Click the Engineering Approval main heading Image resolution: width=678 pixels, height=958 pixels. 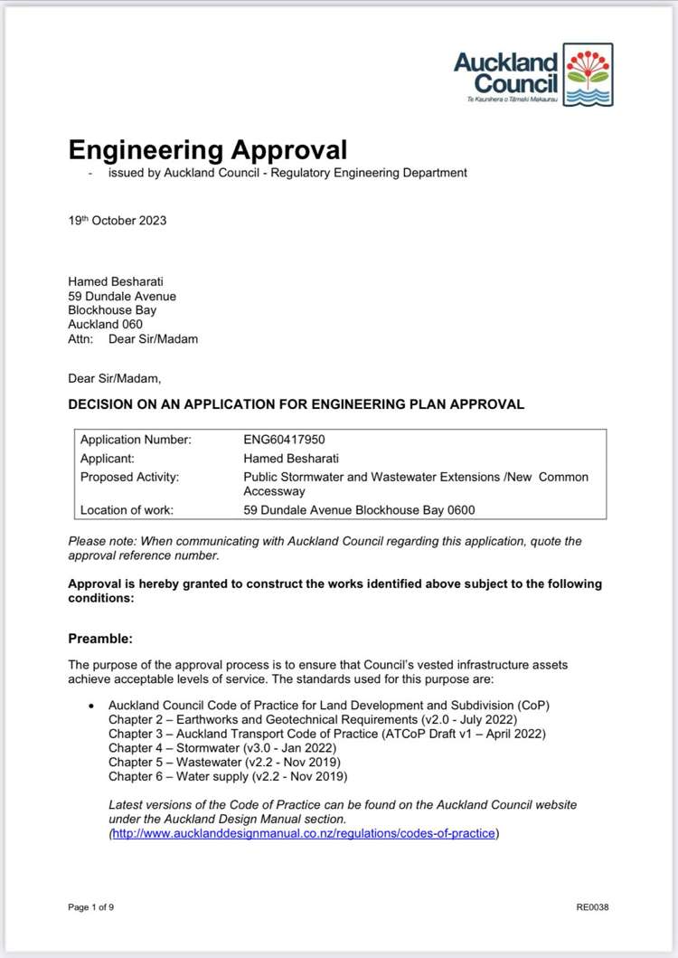pyautogui.click(x=207, y=149)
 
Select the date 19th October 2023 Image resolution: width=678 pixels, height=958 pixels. pyautogui.click(x=118, y=220)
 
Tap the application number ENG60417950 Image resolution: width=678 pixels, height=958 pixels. pyautogui.click(x=284, y=440)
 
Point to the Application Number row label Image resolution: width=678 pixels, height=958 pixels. pyautogui.click(x=136, y=440)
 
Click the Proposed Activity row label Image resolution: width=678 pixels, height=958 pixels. pyautogui.click(x=129, y=477)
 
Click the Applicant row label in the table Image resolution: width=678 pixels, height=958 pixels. pyautogui.click(x=108, y=459)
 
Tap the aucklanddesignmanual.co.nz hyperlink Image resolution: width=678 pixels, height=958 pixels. pyautogui.click(x=304, y=833)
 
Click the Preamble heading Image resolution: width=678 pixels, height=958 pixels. pyautogui.click(x=100, y=639)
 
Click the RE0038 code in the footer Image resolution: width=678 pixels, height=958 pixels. pyautogui.click(x=592, y=907)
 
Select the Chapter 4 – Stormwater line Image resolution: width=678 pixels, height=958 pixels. pyautogui.click(x=222, y=748)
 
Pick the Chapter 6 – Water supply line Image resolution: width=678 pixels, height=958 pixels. pyautogui.click(x=228, y=776)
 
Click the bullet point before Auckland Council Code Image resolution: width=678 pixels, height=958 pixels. pyautogui.click(x=91, y=706)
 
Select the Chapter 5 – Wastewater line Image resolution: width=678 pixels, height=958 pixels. pyautogui.click(x=222, y=763)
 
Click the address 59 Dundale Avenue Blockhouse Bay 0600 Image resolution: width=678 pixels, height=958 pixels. pyautogui.click(x=359, y=510)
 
